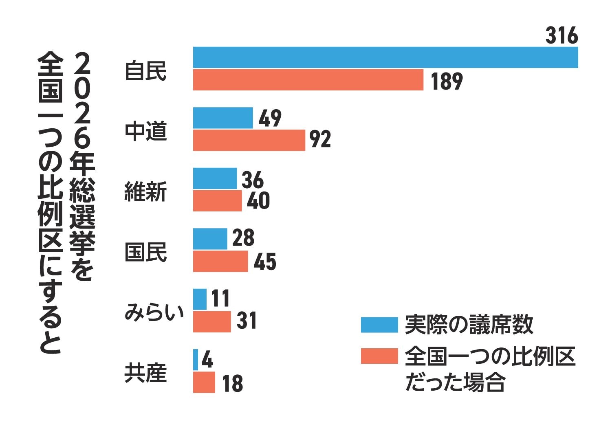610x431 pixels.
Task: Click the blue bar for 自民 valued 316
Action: click(385, 57)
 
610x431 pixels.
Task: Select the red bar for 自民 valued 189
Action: click(308, 80)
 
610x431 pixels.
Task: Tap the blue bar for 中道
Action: click(223, 118)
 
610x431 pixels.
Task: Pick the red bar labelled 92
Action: click(249, 140)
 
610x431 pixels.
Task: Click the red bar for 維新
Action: click(218, 201)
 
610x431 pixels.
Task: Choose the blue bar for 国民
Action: click(210, 239)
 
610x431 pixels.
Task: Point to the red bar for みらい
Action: click(212, 321)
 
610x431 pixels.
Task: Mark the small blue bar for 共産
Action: click(196, 360)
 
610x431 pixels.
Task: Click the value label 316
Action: click(562, 36)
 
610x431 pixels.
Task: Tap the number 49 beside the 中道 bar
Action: click(270, 118)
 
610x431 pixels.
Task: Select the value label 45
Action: click(265, 262)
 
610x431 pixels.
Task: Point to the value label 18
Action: click(233, 383)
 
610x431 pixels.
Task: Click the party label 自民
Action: click(146, 71)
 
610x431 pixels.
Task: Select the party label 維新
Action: click(146, 192)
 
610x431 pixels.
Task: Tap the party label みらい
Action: click(154, 312)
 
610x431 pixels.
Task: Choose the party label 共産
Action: click(146, 373)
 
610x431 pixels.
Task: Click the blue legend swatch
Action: click(380, 325)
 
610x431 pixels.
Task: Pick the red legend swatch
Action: click(380, 356)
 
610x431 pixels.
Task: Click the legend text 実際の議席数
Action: click(469, 325)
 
